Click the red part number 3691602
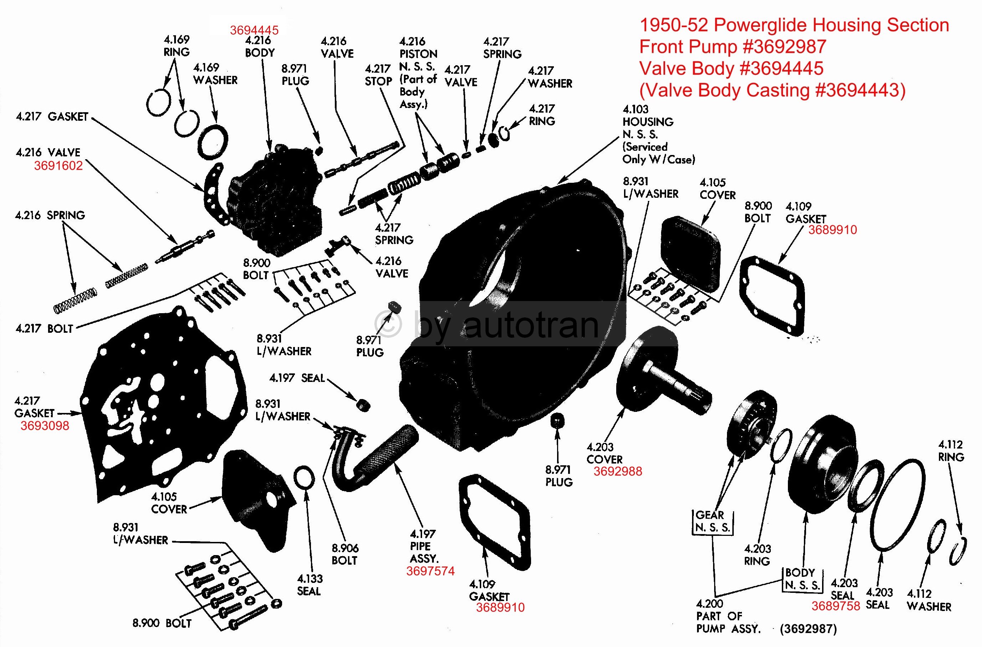(x=58, y=166)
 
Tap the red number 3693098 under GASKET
(x=45, y=425)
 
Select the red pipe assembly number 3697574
(x=430, y=571)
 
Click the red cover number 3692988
(x=617, y=471)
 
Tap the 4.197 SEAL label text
(x=297, y=378)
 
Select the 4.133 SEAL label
(x=310, y=585)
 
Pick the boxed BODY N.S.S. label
(x=802, y=579)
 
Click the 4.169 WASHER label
(x=215, y=74)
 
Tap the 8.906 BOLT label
(x=344, y=554)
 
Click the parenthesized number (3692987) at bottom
(x=808, y=628)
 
